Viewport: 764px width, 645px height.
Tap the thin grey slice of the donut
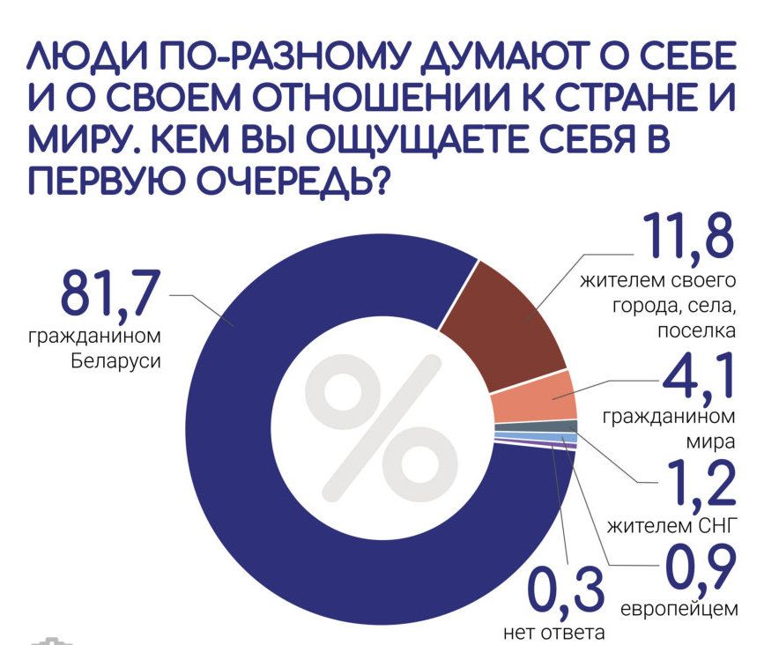pos(536,427)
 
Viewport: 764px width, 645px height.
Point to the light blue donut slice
pos(536,437)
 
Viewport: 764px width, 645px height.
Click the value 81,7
pos(110,294)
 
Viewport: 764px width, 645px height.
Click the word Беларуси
pos(116,361)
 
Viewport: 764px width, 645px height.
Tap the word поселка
pos(696,332)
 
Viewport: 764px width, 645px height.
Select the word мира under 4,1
pos(710,442)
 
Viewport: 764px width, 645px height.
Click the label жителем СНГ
pos(671,526)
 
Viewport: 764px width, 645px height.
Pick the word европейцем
pos(679,609)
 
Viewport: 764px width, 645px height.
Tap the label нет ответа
pos(553,633)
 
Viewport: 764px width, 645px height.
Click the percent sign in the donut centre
pos(382,429)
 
